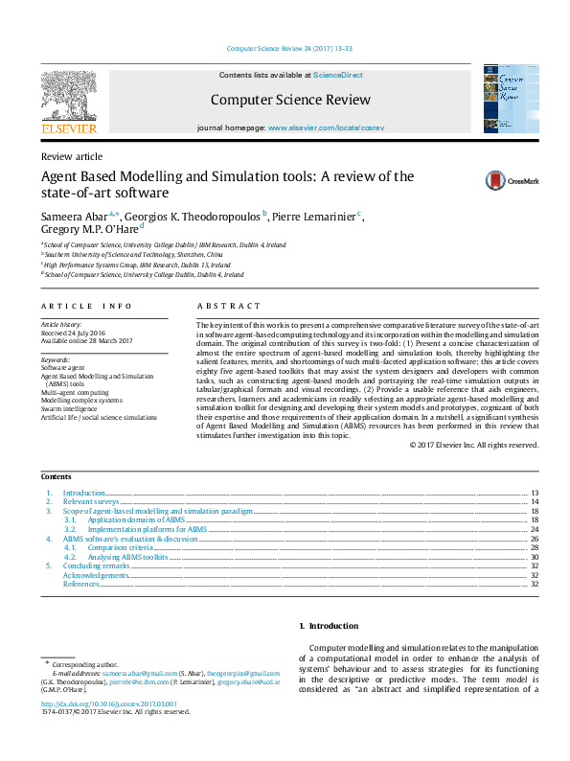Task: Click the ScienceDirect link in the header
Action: tap(338, 75)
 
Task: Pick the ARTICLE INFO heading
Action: tap(86, 306)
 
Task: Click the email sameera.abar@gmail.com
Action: tap(118, 674)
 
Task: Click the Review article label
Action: tap(71, 156)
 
